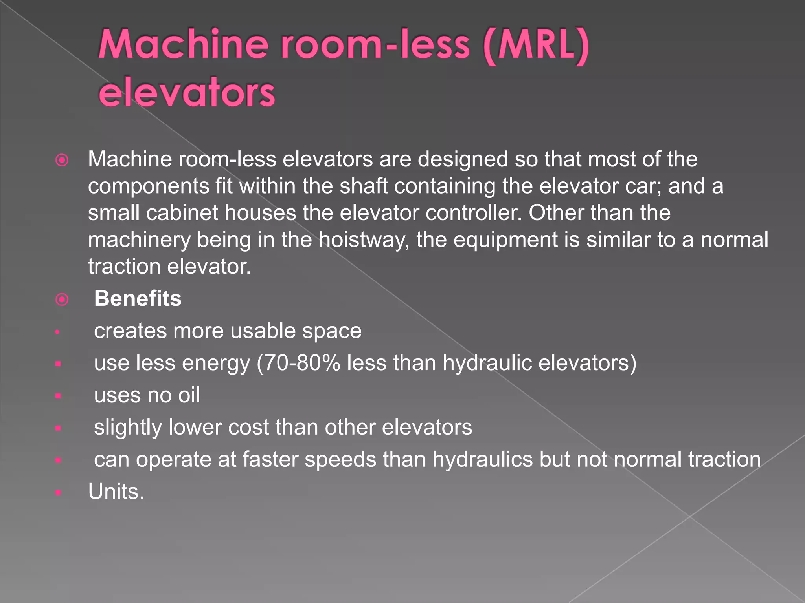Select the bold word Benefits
(x=138, y=298)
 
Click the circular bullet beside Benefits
(x=62, y=300)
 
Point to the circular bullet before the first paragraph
(x=62, y=160)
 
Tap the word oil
(x=189, y=395)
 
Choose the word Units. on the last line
(x=116, y=492)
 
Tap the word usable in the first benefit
(x=263, y=331)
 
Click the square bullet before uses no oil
(x=58, y=396)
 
